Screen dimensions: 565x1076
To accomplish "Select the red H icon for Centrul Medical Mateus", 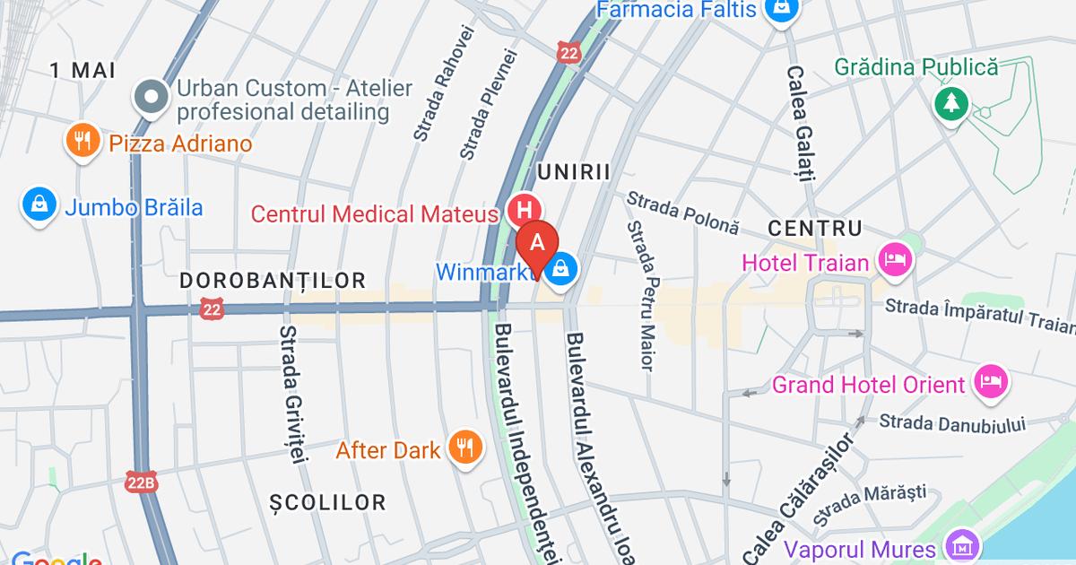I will click(x=523, y=212).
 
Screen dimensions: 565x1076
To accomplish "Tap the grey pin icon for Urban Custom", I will click(x=150, y=97).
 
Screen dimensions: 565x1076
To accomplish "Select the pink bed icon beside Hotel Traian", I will click(x=896, y=261).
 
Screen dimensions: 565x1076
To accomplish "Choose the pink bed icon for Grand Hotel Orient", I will click(x=991, y=383).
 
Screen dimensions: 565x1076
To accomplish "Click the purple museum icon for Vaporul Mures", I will click(x=962, y=545).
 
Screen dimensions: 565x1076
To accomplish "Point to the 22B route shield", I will click(x=141, y=482).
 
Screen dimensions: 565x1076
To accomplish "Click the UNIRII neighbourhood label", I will click(x=573, y=172).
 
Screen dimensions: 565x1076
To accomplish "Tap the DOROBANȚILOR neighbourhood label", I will click(x=273, y=281).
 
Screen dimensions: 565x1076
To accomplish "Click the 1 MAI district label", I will click(x=82, y=69).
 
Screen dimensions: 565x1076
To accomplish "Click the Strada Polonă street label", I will click(x=682, y=212).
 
